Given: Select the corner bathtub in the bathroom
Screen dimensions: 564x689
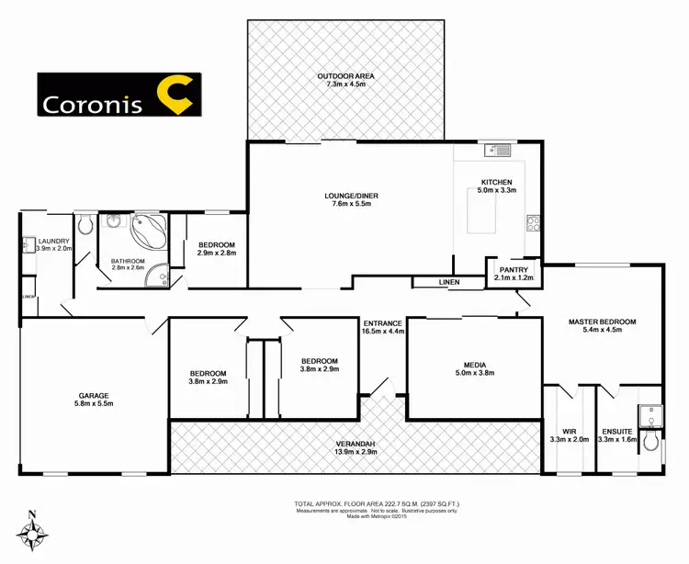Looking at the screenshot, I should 147,231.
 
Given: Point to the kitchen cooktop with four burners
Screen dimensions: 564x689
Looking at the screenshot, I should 531,221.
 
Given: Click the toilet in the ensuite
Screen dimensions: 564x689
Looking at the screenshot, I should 651,442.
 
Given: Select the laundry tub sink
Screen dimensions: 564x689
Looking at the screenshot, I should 28,244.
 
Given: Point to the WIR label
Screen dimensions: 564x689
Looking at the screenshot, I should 569,431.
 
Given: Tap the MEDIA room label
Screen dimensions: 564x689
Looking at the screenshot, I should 474,363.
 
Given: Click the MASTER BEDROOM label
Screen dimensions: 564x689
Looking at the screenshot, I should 602,321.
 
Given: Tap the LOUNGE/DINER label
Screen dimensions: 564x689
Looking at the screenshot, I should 353,196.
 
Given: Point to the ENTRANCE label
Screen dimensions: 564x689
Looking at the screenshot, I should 382,323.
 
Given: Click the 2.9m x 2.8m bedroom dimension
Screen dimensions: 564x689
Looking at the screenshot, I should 217,254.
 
